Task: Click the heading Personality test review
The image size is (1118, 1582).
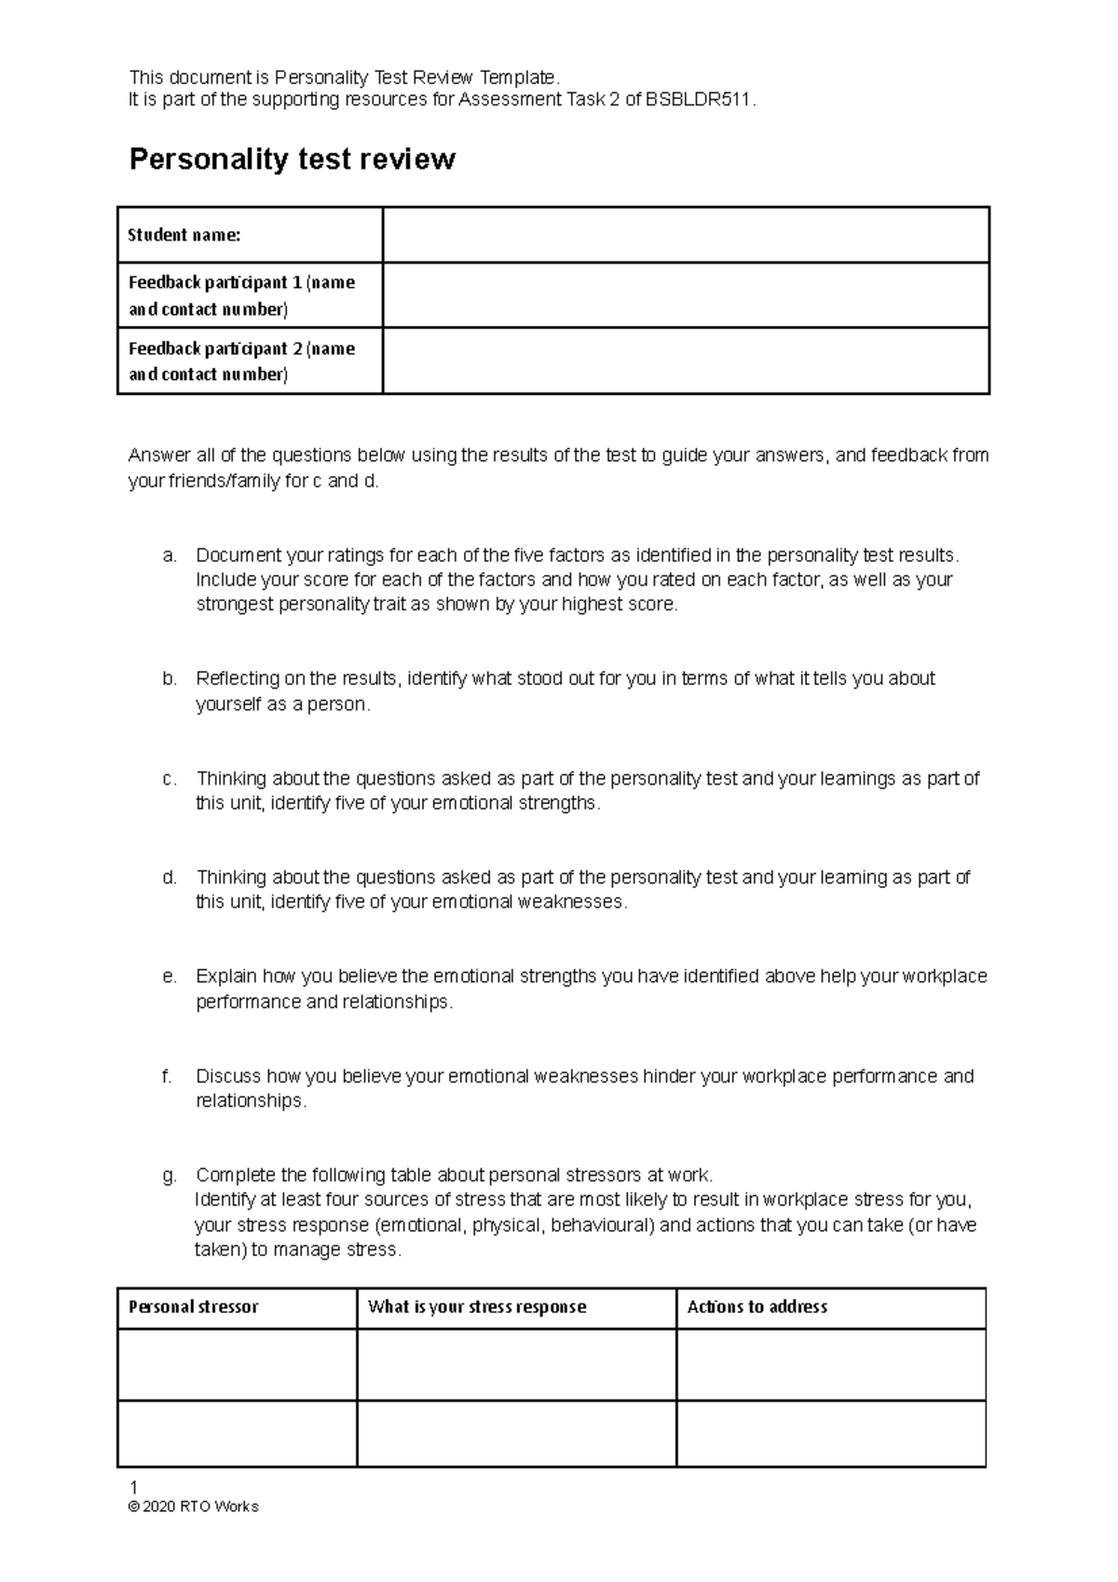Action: click(292, 159)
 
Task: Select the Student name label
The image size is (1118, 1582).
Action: click(184, 235)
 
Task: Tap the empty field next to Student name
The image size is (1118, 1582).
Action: click(685, 235)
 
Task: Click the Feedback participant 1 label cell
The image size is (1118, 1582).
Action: click(242, 295)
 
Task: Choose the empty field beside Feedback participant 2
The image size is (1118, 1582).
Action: click(685, 361)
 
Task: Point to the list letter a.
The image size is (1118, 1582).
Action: click(169, 556)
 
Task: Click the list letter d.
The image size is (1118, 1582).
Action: click(169, 878)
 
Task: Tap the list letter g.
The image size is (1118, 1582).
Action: click(169, 1176)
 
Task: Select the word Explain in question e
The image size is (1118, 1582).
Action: click(226, 977)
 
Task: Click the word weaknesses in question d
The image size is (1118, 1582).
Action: click(570, 903)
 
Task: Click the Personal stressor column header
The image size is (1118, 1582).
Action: click(194, 1307)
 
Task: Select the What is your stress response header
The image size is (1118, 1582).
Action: click(477, 1307)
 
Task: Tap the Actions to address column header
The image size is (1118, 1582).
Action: click(757, 1307)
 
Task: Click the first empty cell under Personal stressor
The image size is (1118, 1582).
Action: click(237, 1364)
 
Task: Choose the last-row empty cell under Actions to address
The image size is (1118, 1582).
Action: click(831, 1433)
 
